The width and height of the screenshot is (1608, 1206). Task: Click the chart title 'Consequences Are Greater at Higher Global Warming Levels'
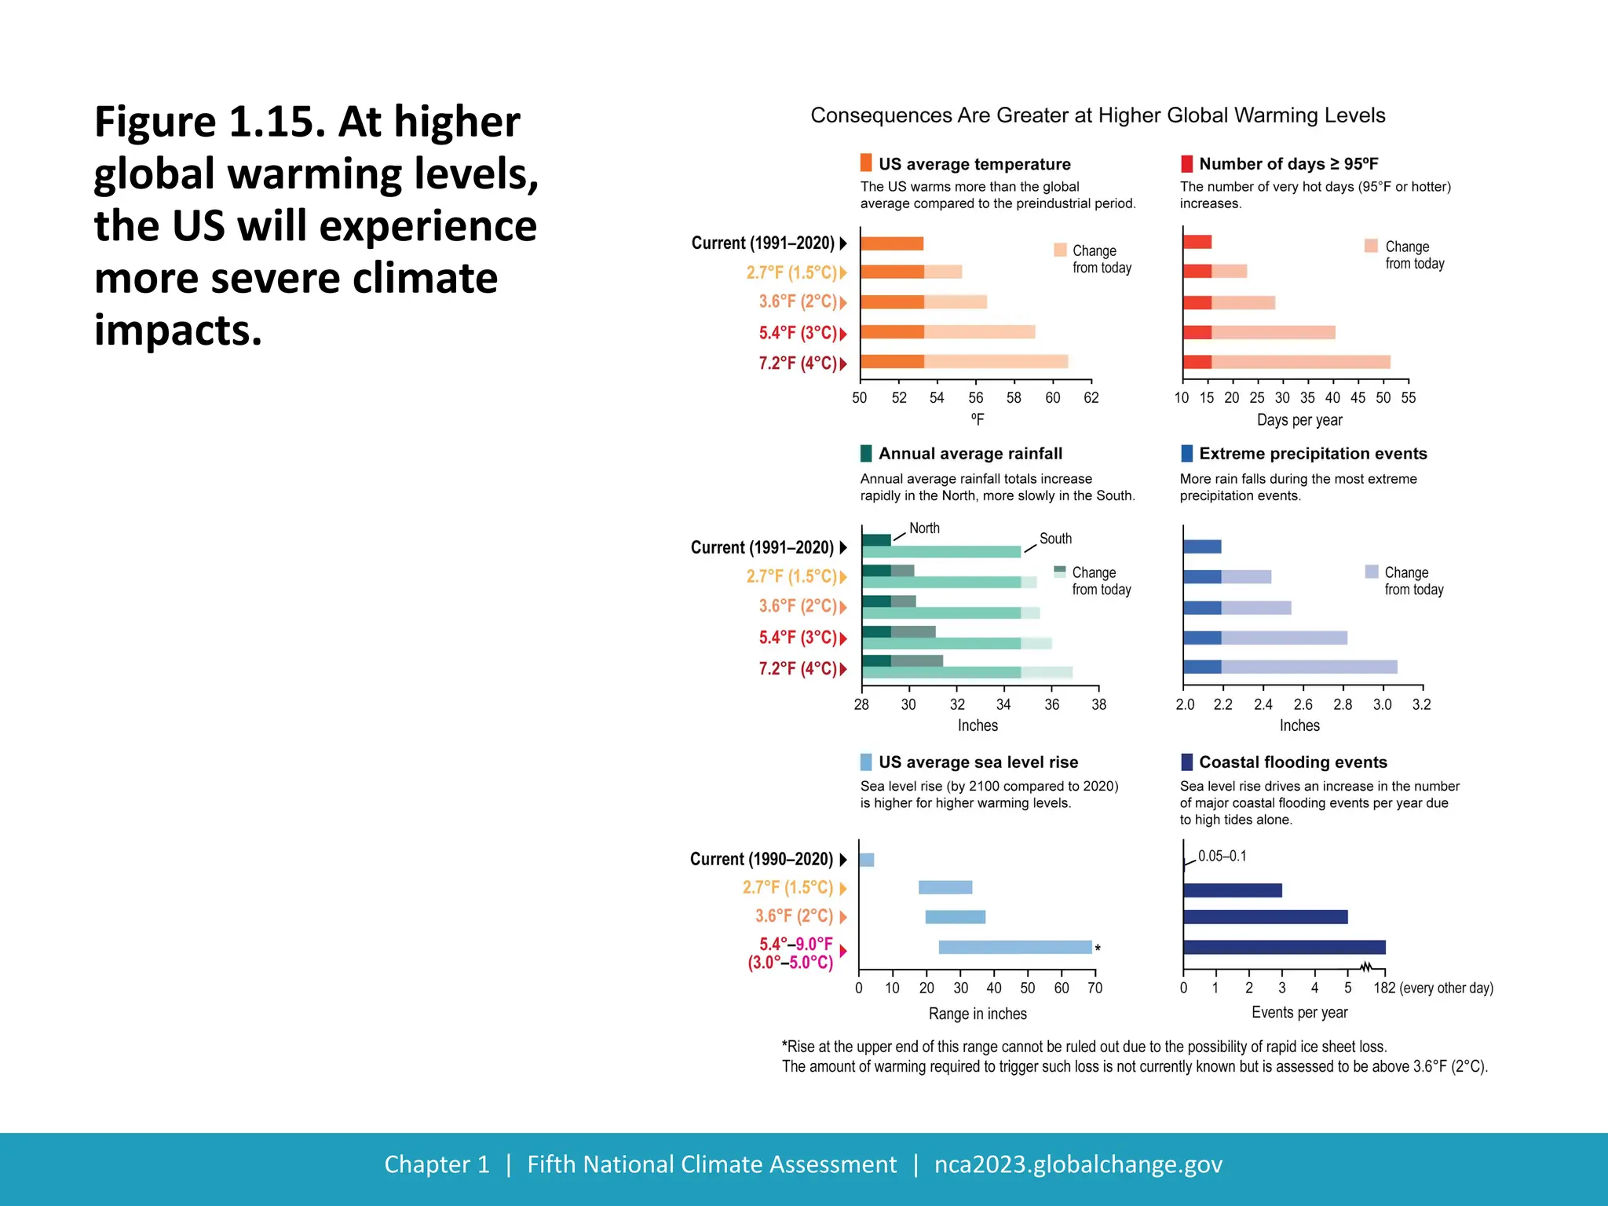coord(1098,115)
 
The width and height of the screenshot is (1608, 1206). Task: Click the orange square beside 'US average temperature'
coord(866,163)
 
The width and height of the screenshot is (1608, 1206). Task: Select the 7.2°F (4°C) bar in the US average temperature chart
coord(964,362)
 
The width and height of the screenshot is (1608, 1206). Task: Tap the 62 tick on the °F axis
coord(1091,398)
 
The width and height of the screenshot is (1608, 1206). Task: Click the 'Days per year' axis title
coord(1299,420)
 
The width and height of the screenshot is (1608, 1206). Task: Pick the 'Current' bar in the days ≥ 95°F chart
coord(1197,242)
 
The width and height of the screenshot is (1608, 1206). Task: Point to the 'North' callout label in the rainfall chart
coord(924,528)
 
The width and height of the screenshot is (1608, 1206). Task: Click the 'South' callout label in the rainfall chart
coord(1055,539)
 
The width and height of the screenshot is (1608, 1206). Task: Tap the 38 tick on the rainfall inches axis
coord(1098,705)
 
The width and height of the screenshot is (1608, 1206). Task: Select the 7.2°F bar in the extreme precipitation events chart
coord(1290,667)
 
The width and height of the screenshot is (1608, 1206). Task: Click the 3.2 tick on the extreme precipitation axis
coord(1421,705)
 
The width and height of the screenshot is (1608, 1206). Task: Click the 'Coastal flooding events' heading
coord(1292,762)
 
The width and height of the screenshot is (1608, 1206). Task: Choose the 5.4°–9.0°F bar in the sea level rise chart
coord(1014,948)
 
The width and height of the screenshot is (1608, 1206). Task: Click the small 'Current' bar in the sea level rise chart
coord(867,860)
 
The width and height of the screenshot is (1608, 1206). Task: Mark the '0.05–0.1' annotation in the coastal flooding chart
coord(1222,857)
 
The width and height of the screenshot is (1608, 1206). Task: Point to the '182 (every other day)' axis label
coord(1433,989)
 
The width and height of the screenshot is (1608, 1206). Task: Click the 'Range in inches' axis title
coord(978,1014)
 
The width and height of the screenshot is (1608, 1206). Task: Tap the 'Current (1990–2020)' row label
coord(762,859)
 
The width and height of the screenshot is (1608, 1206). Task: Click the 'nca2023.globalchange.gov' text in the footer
coord(1078,1164)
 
